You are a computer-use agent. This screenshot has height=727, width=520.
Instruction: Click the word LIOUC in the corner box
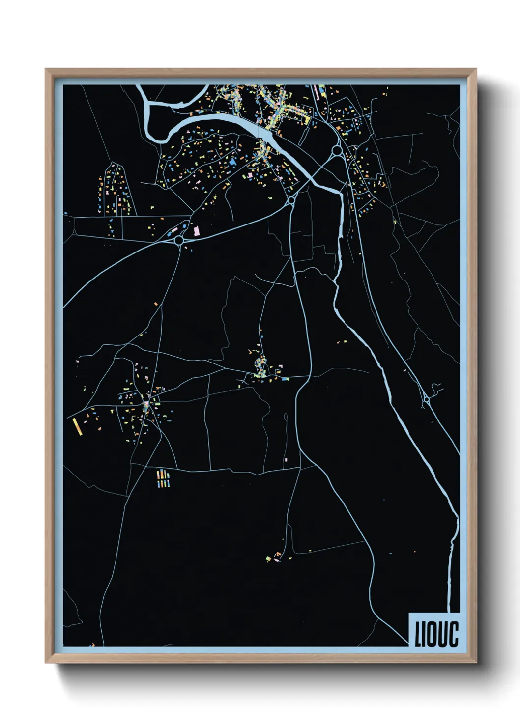436,634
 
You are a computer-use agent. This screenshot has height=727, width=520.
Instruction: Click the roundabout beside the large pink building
179,240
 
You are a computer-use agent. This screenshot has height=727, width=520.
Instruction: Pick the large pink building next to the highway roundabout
197,230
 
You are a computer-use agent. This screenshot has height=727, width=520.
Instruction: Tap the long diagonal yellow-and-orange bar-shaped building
76,426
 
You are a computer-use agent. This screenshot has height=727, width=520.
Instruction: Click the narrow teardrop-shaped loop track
286,418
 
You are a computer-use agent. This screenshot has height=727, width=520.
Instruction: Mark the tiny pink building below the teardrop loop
286,460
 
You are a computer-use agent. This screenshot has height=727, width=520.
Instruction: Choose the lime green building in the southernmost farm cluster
268,559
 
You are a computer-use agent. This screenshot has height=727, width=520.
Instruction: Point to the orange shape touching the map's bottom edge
92,644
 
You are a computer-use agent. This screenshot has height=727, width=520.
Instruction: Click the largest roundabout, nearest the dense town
337,150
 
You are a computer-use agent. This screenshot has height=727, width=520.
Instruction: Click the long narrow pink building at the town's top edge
316,90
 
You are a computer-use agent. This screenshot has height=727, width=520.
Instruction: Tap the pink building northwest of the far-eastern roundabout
404,370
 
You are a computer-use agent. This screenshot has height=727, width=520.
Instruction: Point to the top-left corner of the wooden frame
46,69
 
